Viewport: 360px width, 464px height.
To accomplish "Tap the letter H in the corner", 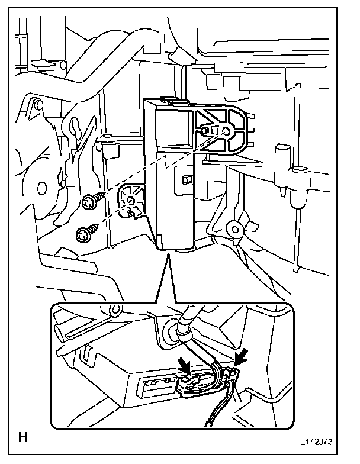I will click(23, 439).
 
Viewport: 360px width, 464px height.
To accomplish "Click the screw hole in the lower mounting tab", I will click(131, 209).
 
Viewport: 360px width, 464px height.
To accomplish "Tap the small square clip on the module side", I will click(187, 179).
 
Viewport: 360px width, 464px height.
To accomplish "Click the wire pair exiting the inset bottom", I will click(213, 417).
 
